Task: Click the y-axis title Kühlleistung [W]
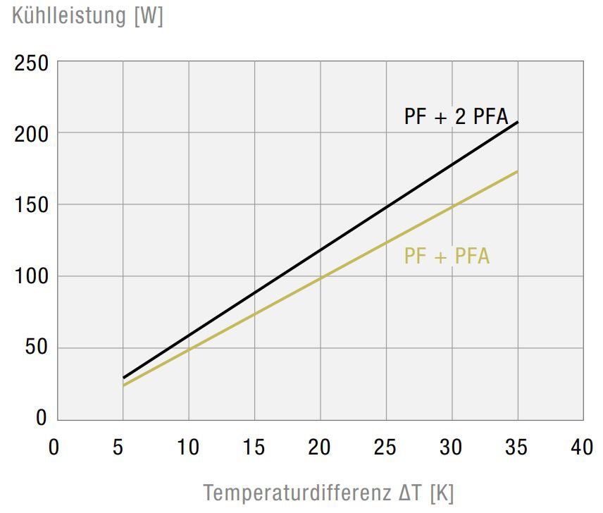(x=88, y=16)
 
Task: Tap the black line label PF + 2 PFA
(x=456, y=116)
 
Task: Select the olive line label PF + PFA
(x=447, y=256)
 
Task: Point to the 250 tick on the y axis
(x=32, y=65)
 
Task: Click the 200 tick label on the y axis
(x=32, y=134)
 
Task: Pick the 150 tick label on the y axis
(x=32, y=205)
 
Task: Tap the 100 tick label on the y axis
(x=32, y=276)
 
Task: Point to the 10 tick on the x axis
(x=188, y=447)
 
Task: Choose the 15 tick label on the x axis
(x=254, y=447)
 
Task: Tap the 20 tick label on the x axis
(x=320, y=447)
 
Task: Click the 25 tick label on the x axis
(x=385, y=447)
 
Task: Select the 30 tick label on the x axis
(x=451, y=447)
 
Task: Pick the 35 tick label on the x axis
(x=517, y=447)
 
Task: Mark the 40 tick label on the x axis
(x=583, y=447)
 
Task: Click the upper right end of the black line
(x=518, y=123)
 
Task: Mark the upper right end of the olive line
(x=518, y=171)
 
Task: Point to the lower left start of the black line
(x=123, y=378)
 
